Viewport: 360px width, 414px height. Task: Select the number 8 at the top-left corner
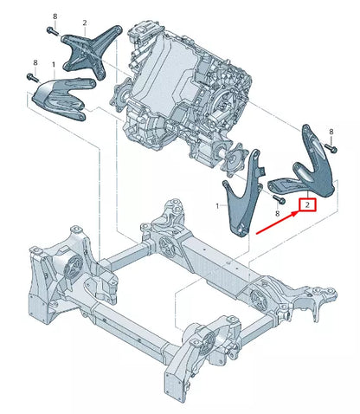point(55,16)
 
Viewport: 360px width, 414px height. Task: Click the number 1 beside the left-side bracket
point(54,65)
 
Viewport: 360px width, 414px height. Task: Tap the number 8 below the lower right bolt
point(277,212)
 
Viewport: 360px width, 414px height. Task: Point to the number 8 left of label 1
point(35,63)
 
